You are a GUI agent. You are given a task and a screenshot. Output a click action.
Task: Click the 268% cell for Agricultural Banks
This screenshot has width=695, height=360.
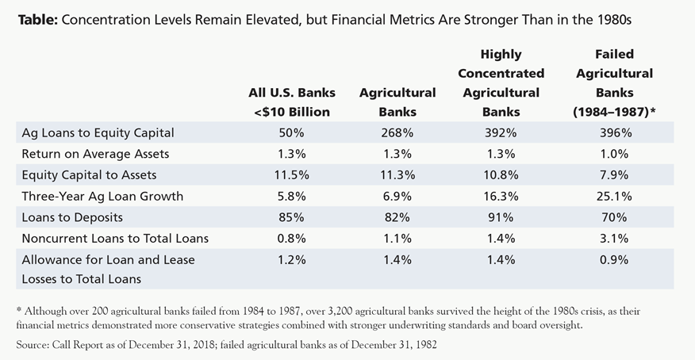click(x=397, y=133)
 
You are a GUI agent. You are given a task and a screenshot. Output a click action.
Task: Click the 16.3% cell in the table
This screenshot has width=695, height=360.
click(x=501, y=195)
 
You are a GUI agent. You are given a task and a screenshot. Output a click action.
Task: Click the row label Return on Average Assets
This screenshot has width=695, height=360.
click(x=84, y=154)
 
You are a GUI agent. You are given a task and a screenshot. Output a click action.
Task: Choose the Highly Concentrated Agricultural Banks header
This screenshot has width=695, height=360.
click(x=501, y=83)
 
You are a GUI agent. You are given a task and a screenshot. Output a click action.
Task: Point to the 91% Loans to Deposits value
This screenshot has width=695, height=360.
click(x=501, y=216)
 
